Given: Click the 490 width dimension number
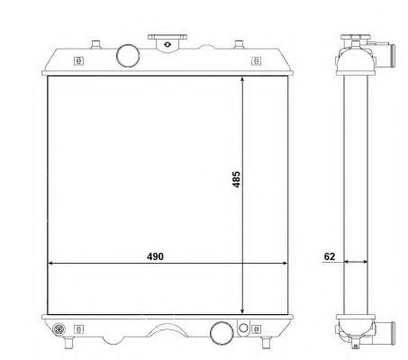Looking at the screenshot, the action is click(x=155, y=256).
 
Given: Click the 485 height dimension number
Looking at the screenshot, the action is click(x=236, y=179).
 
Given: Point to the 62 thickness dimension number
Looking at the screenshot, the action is click(x=330, y=256).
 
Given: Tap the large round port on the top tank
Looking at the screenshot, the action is click(x=128, y=56).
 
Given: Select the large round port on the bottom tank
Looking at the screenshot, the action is click(x=222, y=333).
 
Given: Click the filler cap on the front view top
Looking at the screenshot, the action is click(x=168, y=43).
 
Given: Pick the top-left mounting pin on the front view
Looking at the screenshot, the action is click(x=95, y=44).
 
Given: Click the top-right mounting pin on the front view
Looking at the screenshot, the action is click(x=239, y=44).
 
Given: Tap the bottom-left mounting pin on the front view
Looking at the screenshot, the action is click(x=69, y=342).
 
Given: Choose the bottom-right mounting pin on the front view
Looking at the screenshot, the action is click(x=266, y=342).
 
